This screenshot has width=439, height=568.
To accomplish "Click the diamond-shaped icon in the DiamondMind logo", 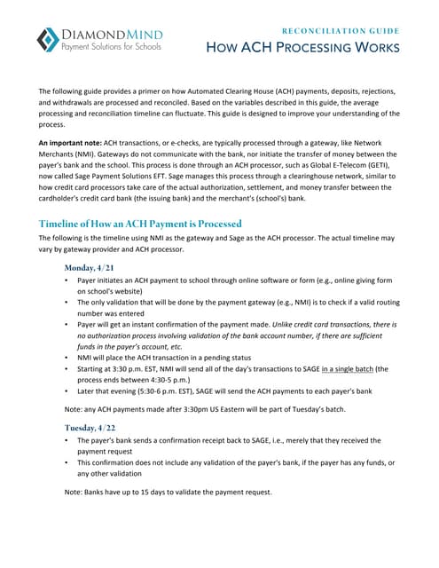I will point(49,39).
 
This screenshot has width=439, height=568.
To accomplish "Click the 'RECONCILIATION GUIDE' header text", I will point(340,29).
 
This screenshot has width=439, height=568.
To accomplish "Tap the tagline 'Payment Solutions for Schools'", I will point(111,46).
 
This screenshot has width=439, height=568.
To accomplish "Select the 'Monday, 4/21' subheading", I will point(90,266).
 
